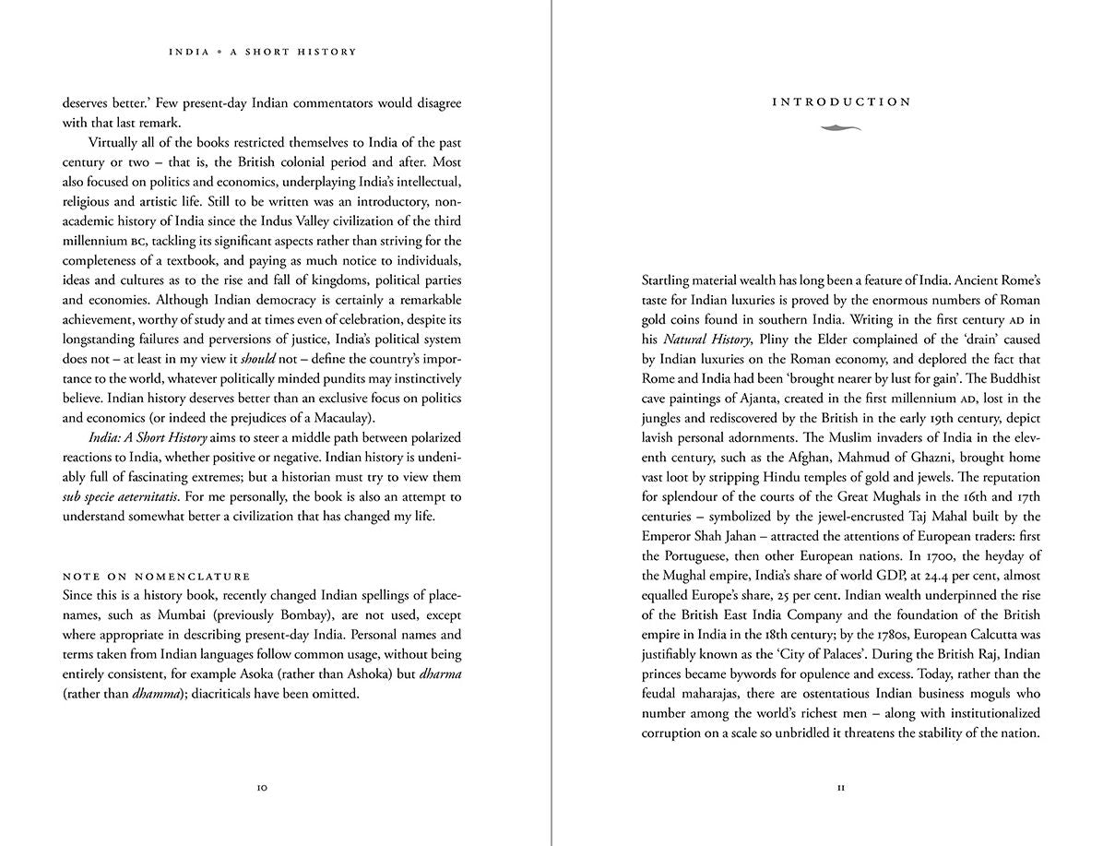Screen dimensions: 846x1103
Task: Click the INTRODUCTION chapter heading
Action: click(x=840, y=102)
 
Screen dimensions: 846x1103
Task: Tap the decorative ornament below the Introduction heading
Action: click(x=840, y=128)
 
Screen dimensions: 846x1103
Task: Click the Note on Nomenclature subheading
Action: click(x=156, y=577)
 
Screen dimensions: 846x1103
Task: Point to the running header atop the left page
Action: click(x=262, y=52)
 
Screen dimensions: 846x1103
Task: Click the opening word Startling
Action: click(x=670, y=280)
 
